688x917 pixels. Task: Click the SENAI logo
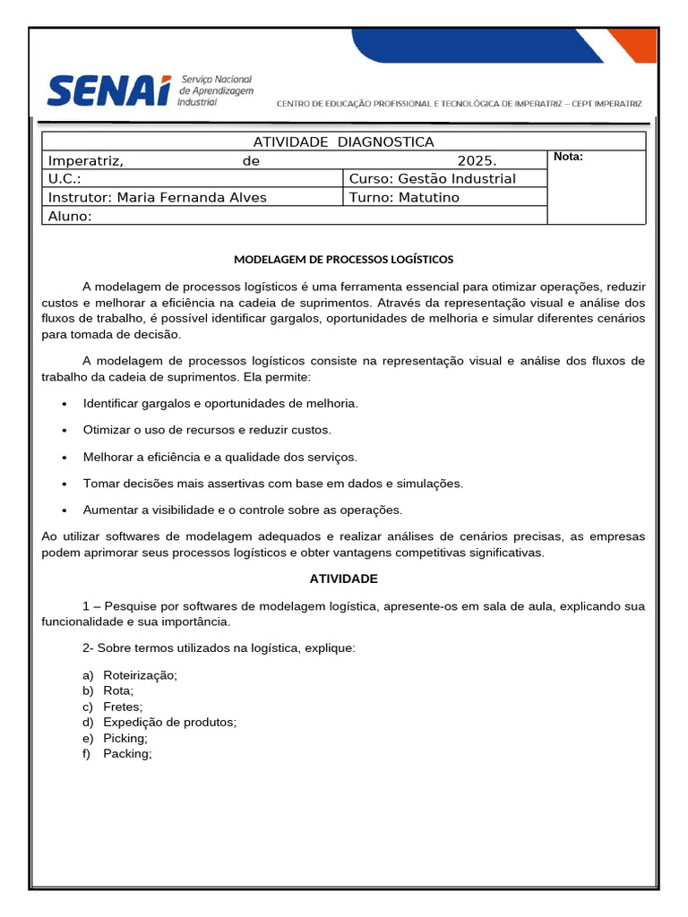[150, 90]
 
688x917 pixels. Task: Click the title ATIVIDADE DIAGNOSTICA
[344, 141]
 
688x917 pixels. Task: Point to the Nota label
[569, 157]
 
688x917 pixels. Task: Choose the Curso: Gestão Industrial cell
[433, 179]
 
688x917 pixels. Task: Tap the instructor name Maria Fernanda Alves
[192, 197]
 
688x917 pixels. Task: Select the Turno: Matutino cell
[404, 197]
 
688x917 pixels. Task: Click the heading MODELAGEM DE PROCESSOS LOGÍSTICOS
[344, 260]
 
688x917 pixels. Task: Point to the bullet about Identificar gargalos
[220, 404]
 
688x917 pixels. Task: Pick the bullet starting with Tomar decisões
[273, 484]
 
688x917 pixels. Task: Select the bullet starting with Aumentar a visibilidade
[243, 510]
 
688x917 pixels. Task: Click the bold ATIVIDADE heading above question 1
[344, 579]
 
